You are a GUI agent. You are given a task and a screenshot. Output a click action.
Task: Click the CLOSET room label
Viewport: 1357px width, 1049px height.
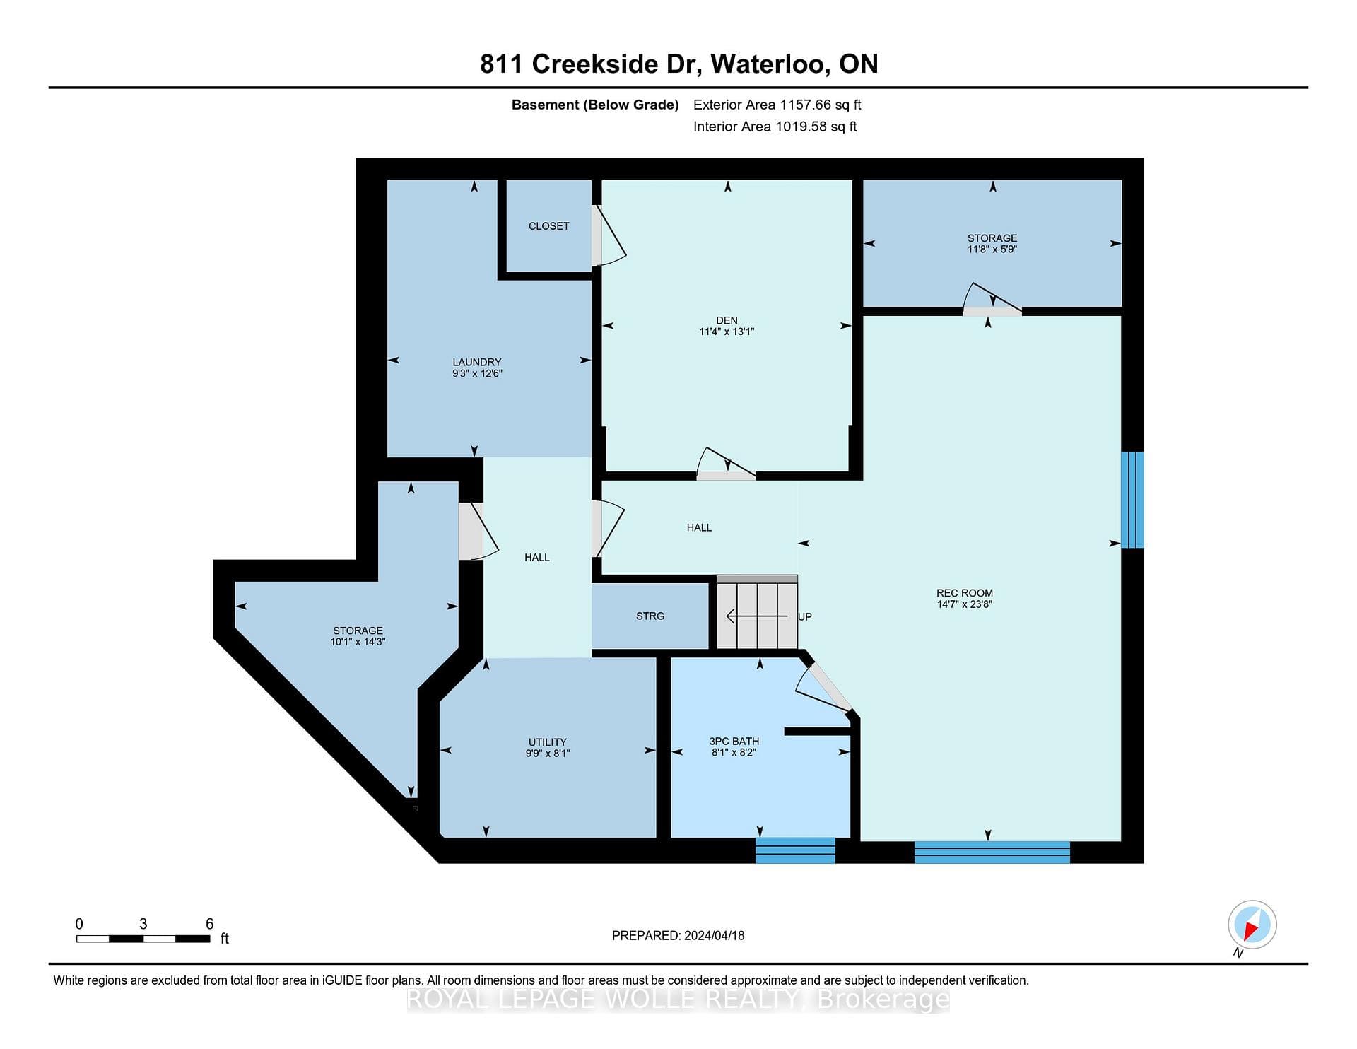[548, 226]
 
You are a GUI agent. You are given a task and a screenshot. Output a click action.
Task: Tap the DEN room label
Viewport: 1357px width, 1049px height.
[727, 320]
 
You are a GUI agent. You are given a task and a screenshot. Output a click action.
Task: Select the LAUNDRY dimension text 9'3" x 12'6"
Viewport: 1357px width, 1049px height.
[477, 373]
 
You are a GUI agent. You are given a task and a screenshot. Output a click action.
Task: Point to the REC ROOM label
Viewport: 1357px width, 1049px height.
[965, 593]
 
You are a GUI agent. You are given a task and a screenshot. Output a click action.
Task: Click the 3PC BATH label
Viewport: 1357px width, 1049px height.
[734, 742]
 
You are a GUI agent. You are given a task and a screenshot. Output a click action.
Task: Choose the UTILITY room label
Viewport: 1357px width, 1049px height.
[548, 742]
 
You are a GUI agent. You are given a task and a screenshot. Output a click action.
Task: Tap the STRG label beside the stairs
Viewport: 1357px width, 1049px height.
[650, 616]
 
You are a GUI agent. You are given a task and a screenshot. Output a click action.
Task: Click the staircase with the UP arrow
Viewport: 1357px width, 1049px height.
[757, 613]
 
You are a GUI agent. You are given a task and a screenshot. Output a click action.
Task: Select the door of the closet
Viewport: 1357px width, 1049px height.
[609, 235]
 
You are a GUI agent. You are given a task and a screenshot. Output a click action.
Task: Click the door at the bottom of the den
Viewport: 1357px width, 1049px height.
[726, 464]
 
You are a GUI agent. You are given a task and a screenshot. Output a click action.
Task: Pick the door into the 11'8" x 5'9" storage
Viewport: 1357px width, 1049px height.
[992, 299]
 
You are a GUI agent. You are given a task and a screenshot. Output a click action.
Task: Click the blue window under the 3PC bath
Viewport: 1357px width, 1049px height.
[795, 850]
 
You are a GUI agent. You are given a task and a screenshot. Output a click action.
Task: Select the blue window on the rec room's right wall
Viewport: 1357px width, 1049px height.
[1132, 500]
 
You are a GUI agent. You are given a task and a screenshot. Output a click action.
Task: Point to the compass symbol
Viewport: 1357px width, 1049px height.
[1252, 925]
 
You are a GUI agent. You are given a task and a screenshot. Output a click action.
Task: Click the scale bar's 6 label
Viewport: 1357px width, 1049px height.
[209, 923]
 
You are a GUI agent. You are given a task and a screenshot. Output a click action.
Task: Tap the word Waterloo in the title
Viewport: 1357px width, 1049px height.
[770, 64]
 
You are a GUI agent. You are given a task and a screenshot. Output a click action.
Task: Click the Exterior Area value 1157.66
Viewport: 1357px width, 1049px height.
[805, 105]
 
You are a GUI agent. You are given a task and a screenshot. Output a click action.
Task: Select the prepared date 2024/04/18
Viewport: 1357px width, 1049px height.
[715, 935]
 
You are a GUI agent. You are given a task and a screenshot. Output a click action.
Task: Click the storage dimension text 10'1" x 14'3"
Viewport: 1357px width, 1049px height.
[358, 642]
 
